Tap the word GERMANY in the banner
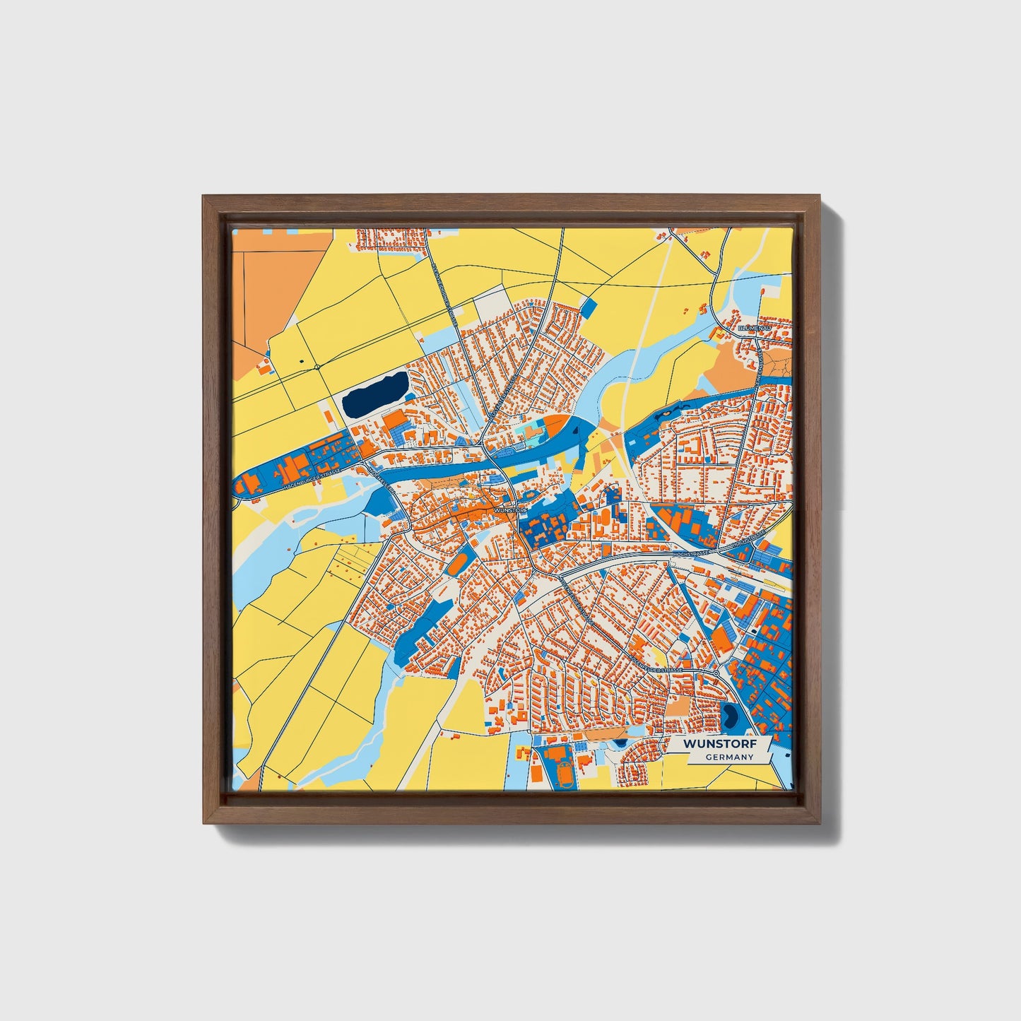pos(729,757)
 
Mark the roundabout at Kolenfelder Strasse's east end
pos(716,675)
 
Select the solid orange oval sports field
pos(458,562)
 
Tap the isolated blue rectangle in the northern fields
pos(588,307)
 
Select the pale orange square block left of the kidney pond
pos(679,707)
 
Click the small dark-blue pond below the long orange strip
pos(620,743)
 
